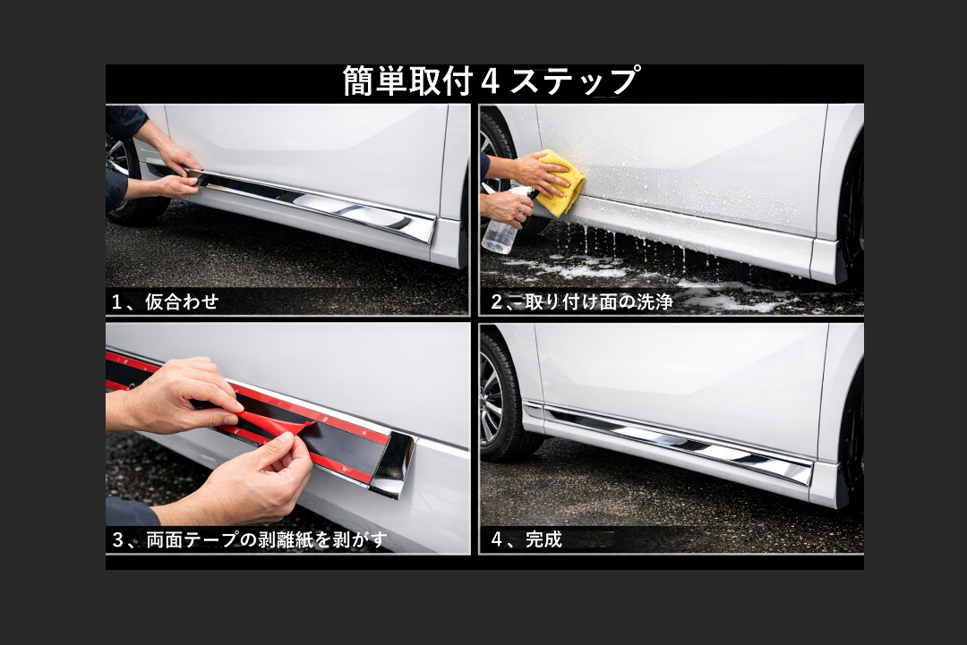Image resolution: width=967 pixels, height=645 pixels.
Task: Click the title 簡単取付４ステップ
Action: click(x=491, y=81)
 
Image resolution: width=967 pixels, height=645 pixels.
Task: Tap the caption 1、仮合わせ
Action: click(x=166, y=301)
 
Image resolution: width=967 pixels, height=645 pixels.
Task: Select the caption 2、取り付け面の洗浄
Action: click(x=582, y=301)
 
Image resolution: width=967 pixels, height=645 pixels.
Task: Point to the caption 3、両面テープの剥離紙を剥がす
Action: click(x=250, y=539)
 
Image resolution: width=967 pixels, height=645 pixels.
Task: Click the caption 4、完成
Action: click(x=526, y=539)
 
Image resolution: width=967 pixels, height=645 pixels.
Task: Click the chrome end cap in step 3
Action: click(x=393, y=464)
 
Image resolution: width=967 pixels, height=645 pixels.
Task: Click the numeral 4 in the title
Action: click(x=490, y=82)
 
